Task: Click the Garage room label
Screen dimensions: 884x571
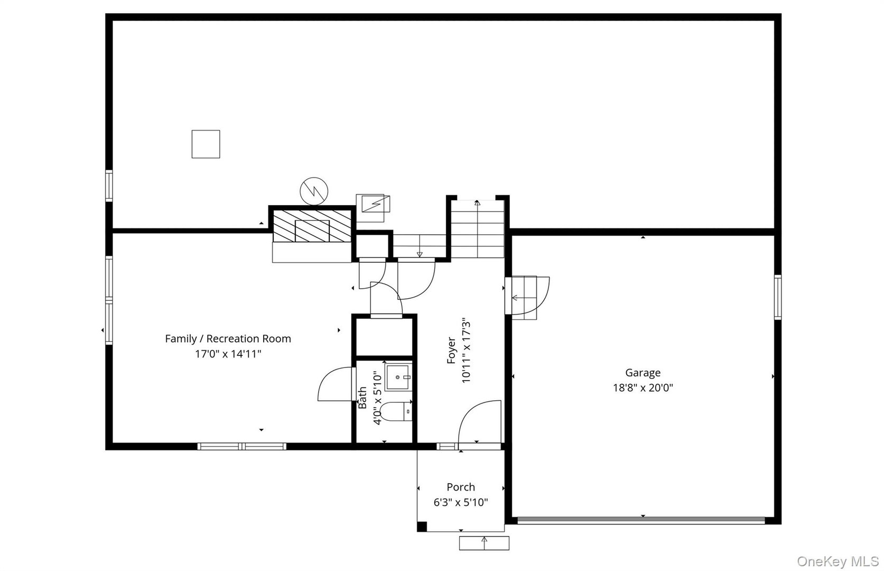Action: click(643, 373)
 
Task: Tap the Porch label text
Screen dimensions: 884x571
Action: click(461, 487)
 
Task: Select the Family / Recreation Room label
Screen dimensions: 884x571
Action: click(228, 339)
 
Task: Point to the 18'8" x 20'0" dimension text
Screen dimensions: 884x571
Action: click(643, 388)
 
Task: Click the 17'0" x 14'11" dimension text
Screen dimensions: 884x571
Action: click(228, 354)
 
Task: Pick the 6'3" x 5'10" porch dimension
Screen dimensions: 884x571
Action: click(461, 502)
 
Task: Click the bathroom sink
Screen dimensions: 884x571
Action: click(398, 377)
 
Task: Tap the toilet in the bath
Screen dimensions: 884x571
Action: click(396, 411)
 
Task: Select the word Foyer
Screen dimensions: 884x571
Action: click(451, 350)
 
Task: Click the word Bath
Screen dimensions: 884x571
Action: click(362, 398)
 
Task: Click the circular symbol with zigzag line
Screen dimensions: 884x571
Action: click(314, 191)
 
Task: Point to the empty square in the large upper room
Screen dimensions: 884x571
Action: click(206, 144)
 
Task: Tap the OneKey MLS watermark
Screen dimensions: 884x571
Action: click(840, 561)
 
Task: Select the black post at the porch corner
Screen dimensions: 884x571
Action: click(422, 527)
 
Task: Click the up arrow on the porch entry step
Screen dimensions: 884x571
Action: click(484, 542)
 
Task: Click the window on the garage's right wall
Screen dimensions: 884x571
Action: click(777, 297)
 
